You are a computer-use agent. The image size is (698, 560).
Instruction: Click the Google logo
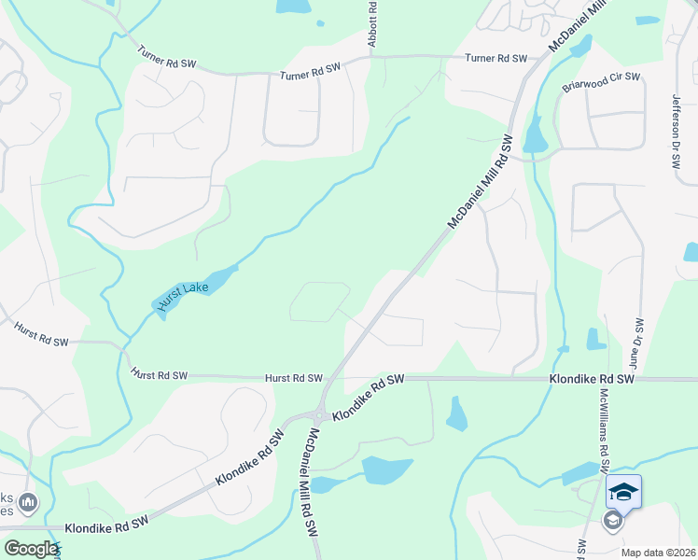31,549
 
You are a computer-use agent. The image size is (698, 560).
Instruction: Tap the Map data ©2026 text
659,552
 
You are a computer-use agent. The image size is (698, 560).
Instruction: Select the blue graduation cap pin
623,492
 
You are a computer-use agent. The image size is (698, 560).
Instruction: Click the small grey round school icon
613,521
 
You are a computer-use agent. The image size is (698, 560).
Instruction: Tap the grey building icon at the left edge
28,504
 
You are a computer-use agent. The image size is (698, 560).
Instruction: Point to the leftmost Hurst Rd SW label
41,336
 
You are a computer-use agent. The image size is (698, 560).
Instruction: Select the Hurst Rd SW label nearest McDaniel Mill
294,378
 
